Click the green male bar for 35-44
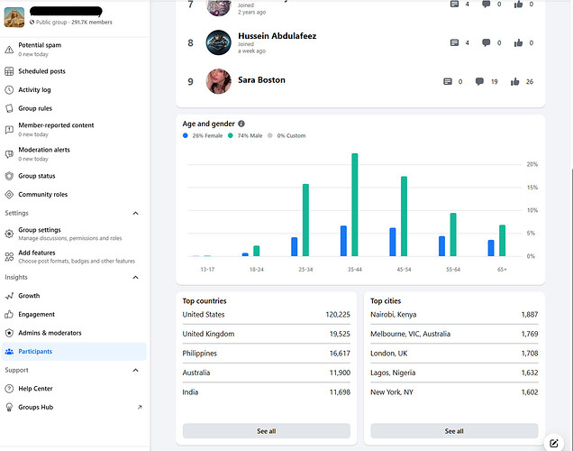coord(355,205)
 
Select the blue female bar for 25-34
coord(295,247)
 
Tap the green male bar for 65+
coord(503,241)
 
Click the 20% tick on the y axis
coord(532,164)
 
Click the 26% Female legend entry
coord(205,135)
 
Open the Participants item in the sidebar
coord(35,351)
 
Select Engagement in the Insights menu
coord(36,314)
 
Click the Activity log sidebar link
coord(34,90)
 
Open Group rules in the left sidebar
coord(35,108)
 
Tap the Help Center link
coord(35,389)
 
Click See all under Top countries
coord(266,431)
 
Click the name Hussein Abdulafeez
coord(277,36)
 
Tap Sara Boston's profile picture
coord(219,81)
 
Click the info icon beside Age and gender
coord(241,124)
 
